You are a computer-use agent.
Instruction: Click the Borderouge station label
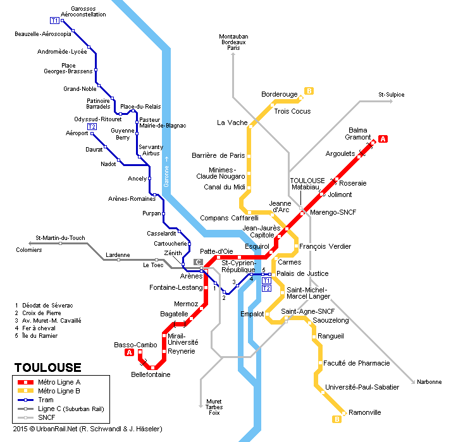coord(280,94)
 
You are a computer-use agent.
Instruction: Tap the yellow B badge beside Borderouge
coord(309,91)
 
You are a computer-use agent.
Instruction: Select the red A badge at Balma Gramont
coord(383,139)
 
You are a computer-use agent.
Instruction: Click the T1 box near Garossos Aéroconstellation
coord(54,20)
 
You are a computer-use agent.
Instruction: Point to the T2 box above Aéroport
coord(92,127)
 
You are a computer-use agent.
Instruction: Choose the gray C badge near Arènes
coord(198,262)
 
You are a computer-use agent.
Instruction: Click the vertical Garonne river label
coord(166,172)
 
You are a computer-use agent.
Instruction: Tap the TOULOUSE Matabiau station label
coord(307,184)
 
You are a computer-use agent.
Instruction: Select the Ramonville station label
coord(365,413)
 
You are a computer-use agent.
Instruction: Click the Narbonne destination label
coord(429,382)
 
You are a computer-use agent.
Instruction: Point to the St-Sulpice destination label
coord(391,95)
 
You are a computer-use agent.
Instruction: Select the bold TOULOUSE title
coord(47,367)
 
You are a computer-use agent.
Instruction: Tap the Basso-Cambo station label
coord(135,345)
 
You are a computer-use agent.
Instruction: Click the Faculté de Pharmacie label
coord(356,363)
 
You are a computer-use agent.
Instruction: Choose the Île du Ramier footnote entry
coord(36,336)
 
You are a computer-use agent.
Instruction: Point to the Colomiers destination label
coord(28,250)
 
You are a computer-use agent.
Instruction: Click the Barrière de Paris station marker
coord(249,156)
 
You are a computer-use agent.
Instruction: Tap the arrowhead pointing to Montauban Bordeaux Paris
coord(233,54)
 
